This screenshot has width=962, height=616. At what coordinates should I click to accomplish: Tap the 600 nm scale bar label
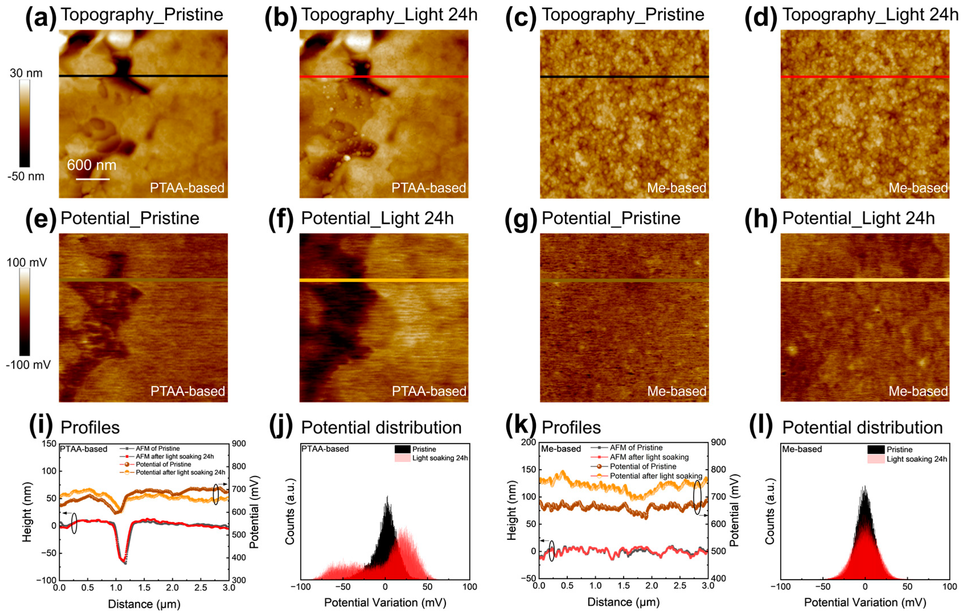(x=92, y=165)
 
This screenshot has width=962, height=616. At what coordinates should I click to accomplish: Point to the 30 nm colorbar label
(x=26, y=73)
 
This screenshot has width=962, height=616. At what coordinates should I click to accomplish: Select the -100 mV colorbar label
(x=28, y=365)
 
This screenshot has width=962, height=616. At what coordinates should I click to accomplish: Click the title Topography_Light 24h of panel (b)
(x=389, y=15)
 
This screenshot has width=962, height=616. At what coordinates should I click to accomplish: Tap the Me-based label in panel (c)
(x=677, y=188)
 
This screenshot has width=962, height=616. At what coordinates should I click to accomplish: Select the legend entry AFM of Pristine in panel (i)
(x=157, y=448)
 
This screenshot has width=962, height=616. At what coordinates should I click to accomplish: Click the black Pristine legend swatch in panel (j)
(x=402, y=449)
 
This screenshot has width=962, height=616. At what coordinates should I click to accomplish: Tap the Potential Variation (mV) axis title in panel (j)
(x=385, y=602)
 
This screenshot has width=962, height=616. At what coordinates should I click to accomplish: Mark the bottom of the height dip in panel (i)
(x=125, y=563)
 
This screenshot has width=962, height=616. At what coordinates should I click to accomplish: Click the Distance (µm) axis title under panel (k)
(x=623, y=601)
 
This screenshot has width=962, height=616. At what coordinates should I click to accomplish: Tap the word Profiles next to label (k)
(x=571, y=428)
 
